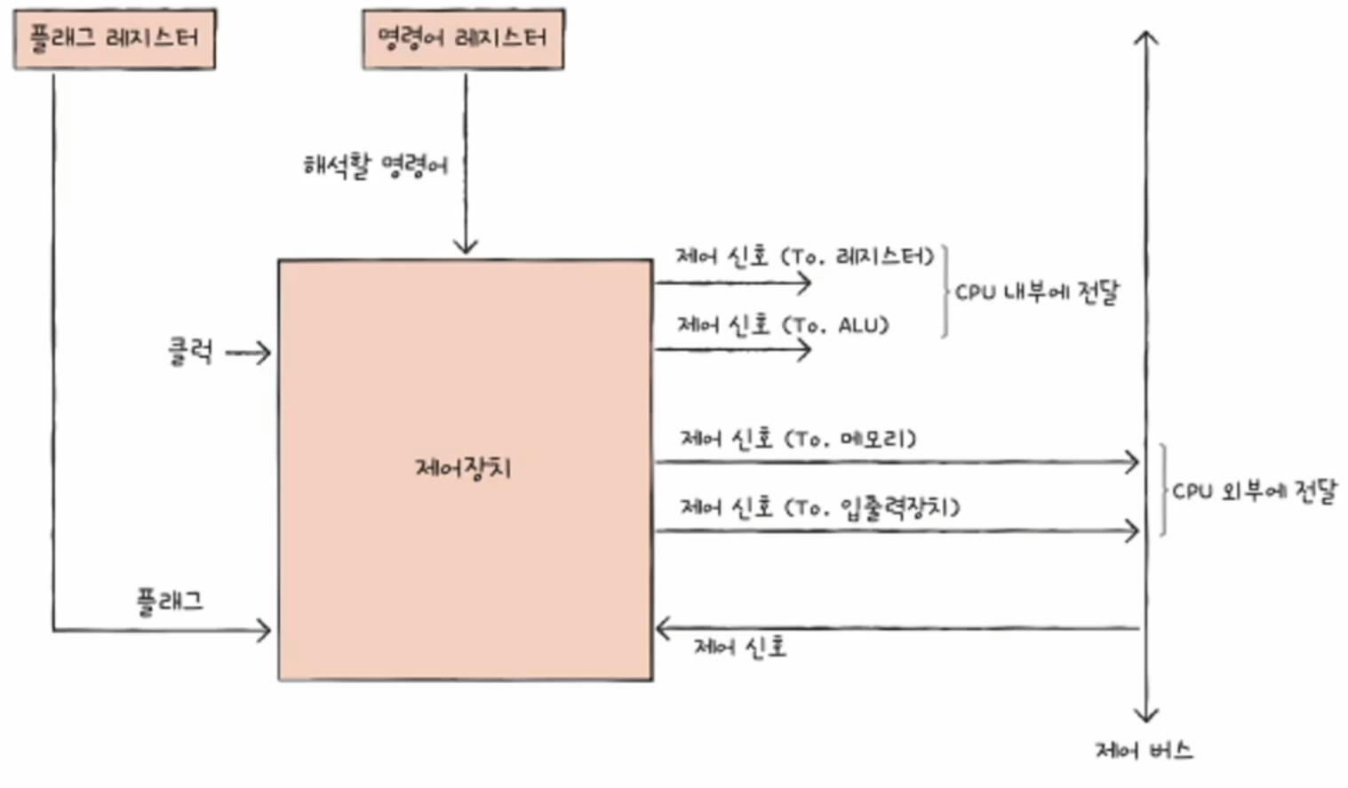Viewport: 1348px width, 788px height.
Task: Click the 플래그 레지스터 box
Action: (x=115, y=39)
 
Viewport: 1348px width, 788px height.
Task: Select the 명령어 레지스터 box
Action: (x=463, y=39)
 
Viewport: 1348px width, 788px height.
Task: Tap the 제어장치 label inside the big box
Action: (x=463, y=467)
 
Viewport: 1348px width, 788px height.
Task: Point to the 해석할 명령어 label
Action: (x=375, y=165)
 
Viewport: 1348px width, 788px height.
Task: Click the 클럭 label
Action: (x=190, y=352)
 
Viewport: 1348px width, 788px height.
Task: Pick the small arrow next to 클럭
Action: (x=249, y=353)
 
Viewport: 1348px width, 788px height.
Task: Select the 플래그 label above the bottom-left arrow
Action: (x=170, y=601)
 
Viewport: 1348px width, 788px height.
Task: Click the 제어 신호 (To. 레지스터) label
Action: (x=804, y=257)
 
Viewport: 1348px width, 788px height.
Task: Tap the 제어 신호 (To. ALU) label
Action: (x=783, y=325)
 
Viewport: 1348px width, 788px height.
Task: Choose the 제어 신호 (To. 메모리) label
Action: (x=797, y=438)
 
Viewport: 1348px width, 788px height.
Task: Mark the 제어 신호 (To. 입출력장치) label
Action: (x=819, y=507)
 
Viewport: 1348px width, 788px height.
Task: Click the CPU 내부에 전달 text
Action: (x=1036, y=292)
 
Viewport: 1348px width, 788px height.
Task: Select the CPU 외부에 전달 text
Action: (x=1254, y=491)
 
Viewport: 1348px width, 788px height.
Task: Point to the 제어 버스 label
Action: (x=1144, y=751)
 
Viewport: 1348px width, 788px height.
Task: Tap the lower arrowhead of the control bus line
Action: (x=1146, y=715)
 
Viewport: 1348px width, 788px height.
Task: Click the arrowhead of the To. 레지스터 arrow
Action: (x=806, y=283)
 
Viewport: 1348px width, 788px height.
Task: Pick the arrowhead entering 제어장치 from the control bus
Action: (x=662, y=628)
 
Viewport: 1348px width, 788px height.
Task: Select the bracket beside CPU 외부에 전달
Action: (x=1162, y=490)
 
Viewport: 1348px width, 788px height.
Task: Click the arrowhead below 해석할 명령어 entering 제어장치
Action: (x=466, y=246)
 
